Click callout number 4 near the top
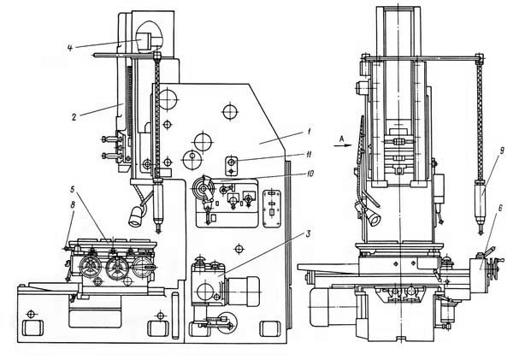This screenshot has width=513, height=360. coord(69,48)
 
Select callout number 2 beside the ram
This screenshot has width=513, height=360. coord(74,117)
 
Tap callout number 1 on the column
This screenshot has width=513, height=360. coord(309,132)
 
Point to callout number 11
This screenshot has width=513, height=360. coord(309,154)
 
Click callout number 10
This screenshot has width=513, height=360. coord(309,174)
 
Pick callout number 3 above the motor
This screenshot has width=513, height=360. coord(308,234)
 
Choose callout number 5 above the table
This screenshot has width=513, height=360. coord(73,189)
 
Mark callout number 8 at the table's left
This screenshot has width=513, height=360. coord(73,205)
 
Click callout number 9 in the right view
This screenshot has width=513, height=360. coord(499,151)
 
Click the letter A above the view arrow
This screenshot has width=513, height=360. coord(341,139)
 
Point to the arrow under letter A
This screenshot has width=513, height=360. coord(343,145)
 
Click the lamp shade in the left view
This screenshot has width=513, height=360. coord(136,217)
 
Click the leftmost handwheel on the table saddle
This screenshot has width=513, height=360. coord(90,267)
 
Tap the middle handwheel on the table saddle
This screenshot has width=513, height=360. coord(116,267)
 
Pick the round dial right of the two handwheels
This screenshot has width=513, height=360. coord(142,267)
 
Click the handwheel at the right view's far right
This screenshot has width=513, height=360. coord(492,269)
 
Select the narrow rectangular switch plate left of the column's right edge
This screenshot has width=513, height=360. coord(272,208)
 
